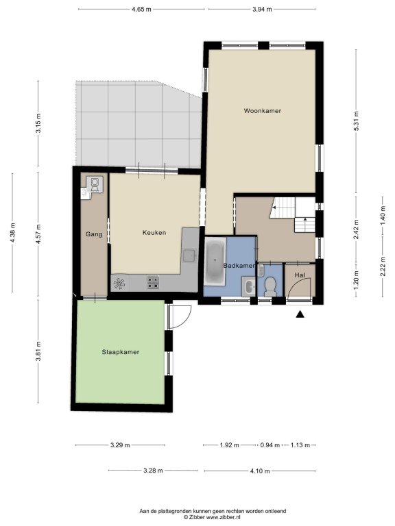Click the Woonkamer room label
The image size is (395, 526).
[x=263, y=111]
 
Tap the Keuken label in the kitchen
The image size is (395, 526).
[x=154, y=232]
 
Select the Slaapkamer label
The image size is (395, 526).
[x=121, y=352]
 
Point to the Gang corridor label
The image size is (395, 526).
[x=94, y=234]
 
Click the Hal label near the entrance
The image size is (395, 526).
[x=300, y=275]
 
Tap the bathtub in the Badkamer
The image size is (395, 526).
[x=215, y=262]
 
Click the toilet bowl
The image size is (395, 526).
[x=270, y=286]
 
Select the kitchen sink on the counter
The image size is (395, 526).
[x=189, y=255]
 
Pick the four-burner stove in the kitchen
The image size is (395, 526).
[x=153, y=282]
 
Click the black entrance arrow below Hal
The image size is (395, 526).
[x=300, y=314]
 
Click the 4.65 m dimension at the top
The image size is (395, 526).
[x=141, y=10]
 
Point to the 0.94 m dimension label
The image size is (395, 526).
[x=270, y=445]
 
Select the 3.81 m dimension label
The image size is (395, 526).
[x=38, y=351]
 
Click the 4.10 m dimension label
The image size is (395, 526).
[x=260, y=471]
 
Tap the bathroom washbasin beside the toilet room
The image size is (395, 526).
[x=249, y=287]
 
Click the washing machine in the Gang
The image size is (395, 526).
[x=95, y=184]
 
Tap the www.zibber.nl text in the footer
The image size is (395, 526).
[x=223, y=517]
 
